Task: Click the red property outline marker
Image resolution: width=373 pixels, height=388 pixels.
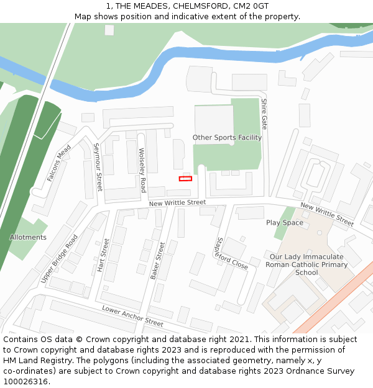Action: [x=185, y=179]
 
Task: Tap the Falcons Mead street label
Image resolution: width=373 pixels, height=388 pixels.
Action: [x=60, y=163]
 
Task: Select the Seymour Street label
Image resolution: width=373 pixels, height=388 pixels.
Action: [x=98, y=167]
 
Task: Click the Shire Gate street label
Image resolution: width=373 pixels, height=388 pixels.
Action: [x=264, y=113]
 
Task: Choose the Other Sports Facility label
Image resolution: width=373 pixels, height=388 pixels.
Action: [x=227, y=138]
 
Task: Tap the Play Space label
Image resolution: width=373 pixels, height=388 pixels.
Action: [x=285, y=223]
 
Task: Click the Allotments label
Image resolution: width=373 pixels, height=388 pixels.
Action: [x=28, y=237]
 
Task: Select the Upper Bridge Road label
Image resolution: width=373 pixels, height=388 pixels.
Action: [x=60, y=259]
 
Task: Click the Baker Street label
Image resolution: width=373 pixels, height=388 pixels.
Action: [x=158, y=260]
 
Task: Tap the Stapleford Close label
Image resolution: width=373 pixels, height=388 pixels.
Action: [x=231, y=253]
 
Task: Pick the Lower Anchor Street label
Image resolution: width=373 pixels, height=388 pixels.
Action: [x=132, y=316]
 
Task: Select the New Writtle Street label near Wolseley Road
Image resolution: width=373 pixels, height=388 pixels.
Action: [x=177, y=202]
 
